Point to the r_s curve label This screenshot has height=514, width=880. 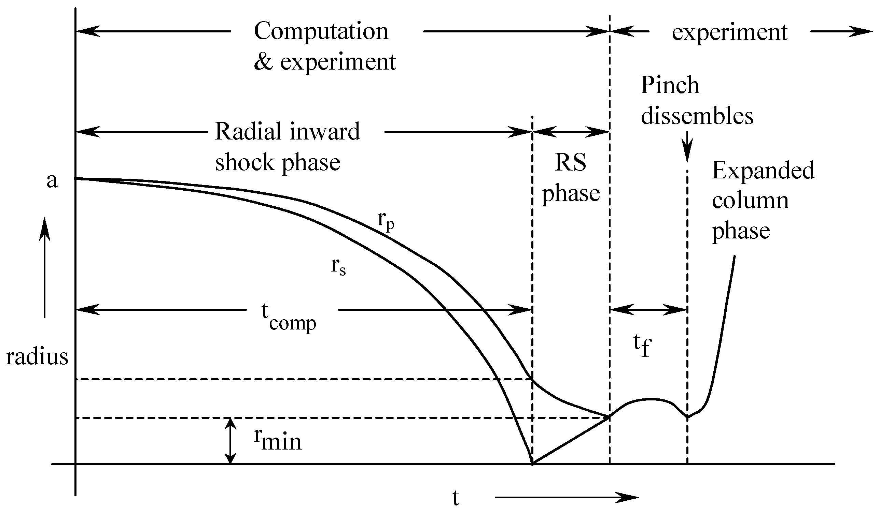click(338, 267)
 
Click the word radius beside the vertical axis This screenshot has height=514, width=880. click(37, 357)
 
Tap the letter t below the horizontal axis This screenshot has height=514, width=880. click(455, 498)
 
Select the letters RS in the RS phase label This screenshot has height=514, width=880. click(571, 162)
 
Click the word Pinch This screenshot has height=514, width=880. click(670, 86)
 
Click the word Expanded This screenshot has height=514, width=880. click(763, 171)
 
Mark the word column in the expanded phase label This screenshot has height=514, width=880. click(750, 201)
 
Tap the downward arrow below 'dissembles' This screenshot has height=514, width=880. click(687, 146)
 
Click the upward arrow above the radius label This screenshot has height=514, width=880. click(44, 267)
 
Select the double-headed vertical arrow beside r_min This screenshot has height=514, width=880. click(230, 441)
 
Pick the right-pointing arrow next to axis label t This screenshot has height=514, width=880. click(567, 497)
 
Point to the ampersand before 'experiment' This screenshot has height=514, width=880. click(263, 62)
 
